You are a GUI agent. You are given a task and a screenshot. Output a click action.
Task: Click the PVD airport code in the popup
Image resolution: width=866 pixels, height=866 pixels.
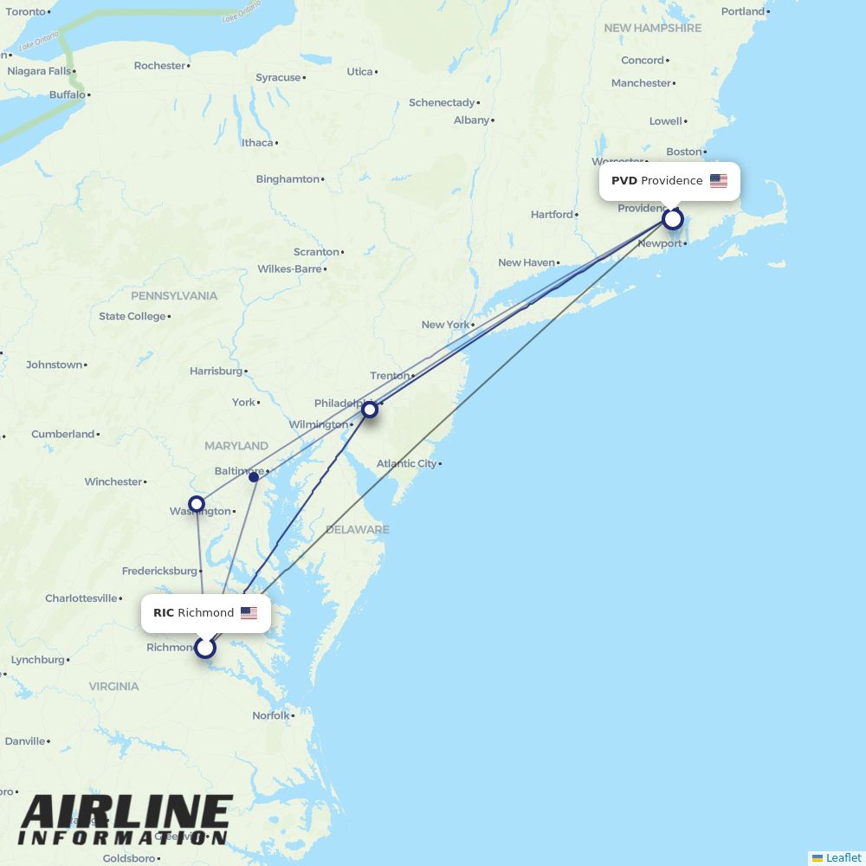click(x=624, y=181)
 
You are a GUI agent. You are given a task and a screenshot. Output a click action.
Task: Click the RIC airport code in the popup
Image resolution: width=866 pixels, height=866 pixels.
click(x=164, y=613)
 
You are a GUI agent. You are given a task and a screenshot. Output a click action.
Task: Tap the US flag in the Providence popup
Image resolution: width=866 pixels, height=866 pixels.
click(x=719, y=181)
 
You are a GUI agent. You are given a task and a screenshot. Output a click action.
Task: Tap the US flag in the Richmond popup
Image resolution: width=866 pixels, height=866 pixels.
click(x=249, y=613)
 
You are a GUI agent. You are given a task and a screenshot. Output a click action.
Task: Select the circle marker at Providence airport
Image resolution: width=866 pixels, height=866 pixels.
click(x=673, y=219)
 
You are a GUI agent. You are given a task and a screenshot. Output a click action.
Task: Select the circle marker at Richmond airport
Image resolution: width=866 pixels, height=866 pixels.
click(x=204, y=647)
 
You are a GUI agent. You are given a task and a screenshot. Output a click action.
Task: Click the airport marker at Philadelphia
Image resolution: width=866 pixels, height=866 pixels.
click(x=370, y=409)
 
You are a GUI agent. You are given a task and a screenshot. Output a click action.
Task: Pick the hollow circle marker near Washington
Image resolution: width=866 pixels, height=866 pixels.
click(x=197, y=503)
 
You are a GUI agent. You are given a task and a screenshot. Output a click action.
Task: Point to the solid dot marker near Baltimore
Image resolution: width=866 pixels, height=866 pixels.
click(x=254, y=477)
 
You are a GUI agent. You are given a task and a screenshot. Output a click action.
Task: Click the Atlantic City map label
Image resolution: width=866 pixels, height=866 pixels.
click(x=406, y=464)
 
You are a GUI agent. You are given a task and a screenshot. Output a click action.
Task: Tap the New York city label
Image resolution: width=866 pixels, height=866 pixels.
click(x=445, y=325)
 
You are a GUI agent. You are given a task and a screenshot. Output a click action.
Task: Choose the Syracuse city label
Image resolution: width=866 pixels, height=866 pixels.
click(x=278, y=78)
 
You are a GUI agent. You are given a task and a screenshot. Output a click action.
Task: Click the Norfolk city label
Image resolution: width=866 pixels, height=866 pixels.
click(x=270, y=715)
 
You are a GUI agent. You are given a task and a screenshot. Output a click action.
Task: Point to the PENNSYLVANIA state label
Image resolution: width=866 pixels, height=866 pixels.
click(x=174, y=296)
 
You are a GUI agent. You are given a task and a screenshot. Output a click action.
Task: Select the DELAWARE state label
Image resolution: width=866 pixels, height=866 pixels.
click(x=358, y=529)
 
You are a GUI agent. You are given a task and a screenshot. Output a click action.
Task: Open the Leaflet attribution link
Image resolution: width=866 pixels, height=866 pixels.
click(x=843, y=857)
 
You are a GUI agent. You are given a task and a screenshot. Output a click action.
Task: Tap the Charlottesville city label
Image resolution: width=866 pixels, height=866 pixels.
click(x=81, y=598)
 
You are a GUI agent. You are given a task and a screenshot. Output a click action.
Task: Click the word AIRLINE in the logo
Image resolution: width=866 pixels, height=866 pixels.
click(x=126, y=813)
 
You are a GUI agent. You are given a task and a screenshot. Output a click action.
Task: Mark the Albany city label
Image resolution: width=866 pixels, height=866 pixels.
click(x=471, y=120)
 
